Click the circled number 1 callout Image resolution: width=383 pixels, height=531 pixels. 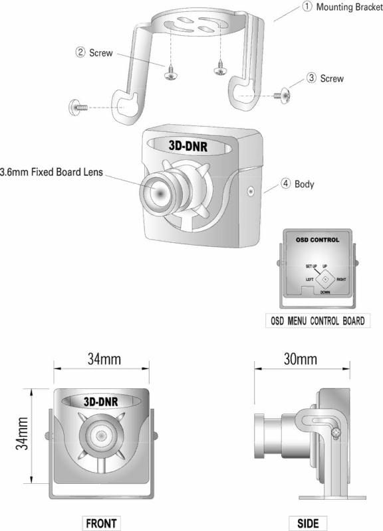[307, 7]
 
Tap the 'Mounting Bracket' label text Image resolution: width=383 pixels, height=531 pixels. [349, 7]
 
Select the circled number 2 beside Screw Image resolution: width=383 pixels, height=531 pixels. [80, 52]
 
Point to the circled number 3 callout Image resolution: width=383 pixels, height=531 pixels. [311, 78]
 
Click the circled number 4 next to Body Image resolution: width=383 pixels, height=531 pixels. [286, 184]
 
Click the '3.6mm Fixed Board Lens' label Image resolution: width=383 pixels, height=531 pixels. [51, 172]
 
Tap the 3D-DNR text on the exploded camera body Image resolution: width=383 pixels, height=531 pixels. [188, 146]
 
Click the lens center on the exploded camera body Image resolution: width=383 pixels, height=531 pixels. [160, 192]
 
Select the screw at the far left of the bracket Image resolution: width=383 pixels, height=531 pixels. [78, 108]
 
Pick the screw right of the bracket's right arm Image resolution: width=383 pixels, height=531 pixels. [281, 96]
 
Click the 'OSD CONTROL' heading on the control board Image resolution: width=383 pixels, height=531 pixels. [317, 240]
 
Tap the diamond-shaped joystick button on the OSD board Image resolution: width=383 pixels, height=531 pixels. [325, 279]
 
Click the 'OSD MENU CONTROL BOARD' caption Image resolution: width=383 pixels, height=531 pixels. [318, 321]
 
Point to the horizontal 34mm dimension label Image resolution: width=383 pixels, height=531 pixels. [104, 359]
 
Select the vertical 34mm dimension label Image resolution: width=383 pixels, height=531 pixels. [22, 433]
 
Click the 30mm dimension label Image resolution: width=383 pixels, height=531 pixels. [301, 359]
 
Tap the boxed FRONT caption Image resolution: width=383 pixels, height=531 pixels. [101, 523]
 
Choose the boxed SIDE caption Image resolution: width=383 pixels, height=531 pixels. [308, 523]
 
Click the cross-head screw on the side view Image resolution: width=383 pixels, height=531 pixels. [336, 433]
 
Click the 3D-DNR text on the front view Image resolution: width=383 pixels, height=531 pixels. [101, 402]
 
